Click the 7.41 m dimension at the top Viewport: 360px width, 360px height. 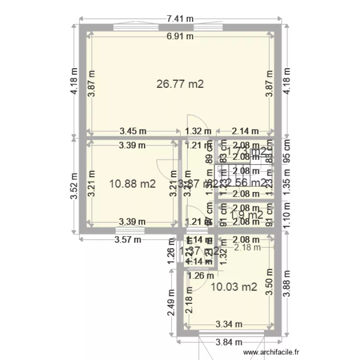(x=180, y=19)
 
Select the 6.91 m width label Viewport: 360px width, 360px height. (x=180, y=36)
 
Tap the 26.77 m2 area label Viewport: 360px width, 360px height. (x=180, y=84)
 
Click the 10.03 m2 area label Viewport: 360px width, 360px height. (x=234, y=287)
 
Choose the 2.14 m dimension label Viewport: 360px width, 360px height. (x=245, y=131)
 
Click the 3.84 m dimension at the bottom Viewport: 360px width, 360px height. (x=228, y=342)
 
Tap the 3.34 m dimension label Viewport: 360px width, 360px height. (x=226, y=325)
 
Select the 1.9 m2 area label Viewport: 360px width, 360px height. (x=247, y=215)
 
